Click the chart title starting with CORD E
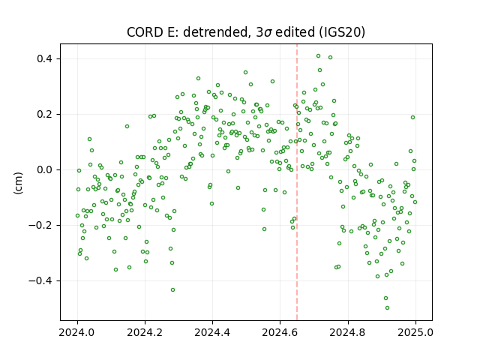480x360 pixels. pos(246,32)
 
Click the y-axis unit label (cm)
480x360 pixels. pos(18,183)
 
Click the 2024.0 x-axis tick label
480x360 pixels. pos(77,332)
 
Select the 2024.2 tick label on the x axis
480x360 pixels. pos(145,332)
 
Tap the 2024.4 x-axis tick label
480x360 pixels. pos(212,332)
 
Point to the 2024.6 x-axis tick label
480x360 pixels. pos(280,332)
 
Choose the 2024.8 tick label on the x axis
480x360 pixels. pos(347,332)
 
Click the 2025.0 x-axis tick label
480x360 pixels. pos(415,332)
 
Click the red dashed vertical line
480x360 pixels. pos(297,182)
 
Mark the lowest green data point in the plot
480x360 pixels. pos(387,307)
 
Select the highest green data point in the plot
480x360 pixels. pos(318,56)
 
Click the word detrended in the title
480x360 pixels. pos(215,32)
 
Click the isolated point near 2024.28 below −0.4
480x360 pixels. pos(173,290)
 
